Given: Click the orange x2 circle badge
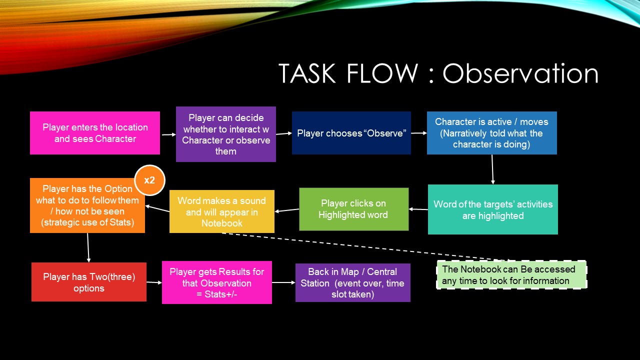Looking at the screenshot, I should (149, 180).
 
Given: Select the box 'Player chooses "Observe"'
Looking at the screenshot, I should (351, 133).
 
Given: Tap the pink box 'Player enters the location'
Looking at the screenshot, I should (95, 133).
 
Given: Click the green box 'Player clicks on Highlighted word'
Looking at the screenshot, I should (353, 209).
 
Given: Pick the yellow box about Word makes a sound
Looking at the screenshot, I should (221, 211).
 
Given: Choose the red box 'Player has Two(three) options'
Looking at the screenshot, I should (88, 282).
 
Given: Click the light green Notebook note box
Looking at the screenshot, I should (511, 275).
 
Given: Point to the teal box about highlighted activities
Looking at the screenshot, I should (492, 209).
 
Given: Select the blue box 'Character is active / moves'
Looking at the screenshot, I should (491, 133).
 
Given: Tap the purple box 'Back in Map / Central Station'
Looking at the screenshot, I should (352, 283).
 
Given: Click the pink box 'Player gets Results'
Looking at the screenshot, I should (216, 282).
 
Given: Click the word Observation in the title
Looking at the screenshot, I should (520, 73).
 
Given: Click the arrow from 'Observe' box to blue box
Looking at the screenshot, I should (418, 133).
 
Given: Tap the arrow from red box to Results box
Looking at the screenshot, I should (154, 282).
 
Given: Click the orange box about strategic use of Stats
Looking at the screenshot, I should (87, 205).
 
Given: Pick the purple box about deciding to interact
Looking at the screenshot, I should (225, 134).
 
